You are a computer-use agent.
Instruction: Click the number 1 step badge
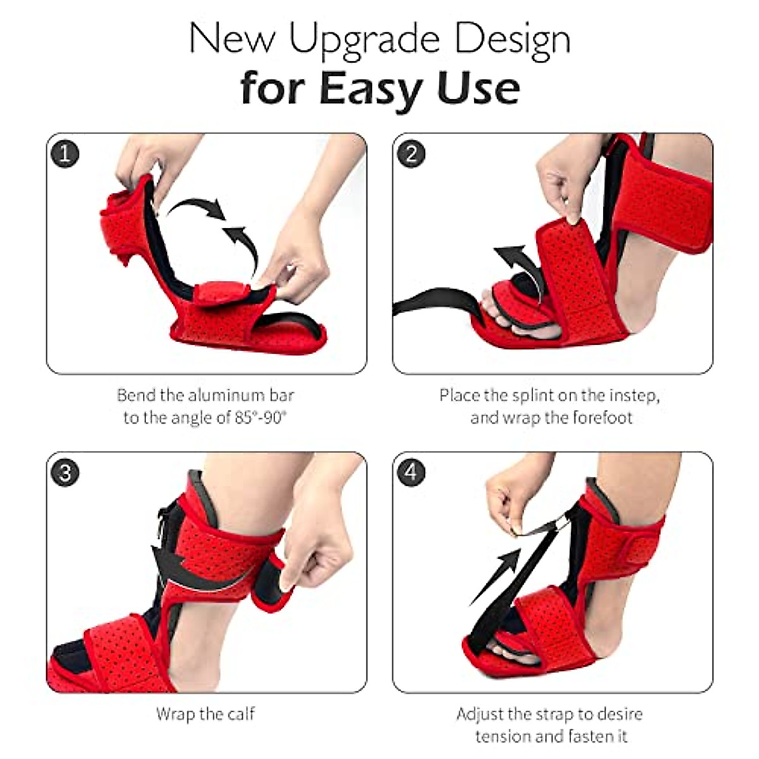[x=65, y=154]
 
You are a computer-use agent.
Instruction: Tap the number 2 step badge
[x=412, y=154]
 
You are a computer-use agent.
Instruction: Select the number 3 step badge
[x=65, y=472]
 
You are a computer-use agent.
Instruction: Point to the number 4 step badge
[x=412, y=472]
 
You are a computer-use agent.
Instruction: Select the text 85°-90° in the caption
[x=261, y=418]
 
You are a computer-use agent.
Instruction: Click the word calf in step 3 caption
[x=240, y=715]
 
